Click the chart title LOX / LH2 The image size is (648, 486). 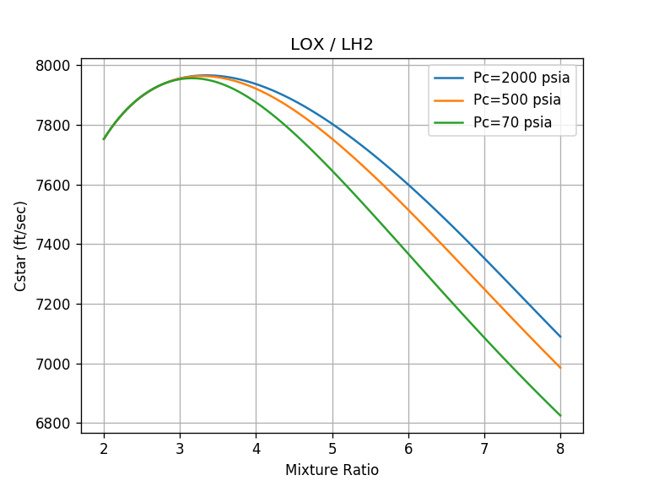(x=332, y=45)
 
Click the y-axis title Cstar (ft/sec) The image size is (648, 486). (x=21, y=246)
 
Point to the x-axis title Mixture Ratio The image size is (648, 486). (x=332, y=470)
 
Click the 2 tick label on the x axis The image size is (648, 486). (x=104, y=447)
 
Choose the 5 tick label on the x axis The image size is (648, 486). (x=332, y=447)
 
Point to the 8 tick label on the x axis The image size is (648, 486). (x=560, y=447)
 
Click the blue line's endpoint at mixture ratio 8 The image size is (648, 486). (x=560, y=337)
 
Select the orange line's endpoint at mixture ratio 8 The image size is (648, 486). (x=560, y=368)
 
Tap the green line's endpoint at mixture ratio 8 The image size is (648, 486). (x=560, y=415)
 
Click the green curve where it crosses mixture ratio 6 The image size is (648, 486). (x=408, y=254)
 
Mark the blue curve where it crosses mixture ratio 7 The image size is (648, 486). (x=484, y=259)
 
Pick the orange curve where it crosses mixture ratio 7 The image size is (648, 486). (x=484, y=289)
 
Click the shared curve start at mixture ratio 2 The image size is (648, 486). (x=104, y=139)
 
